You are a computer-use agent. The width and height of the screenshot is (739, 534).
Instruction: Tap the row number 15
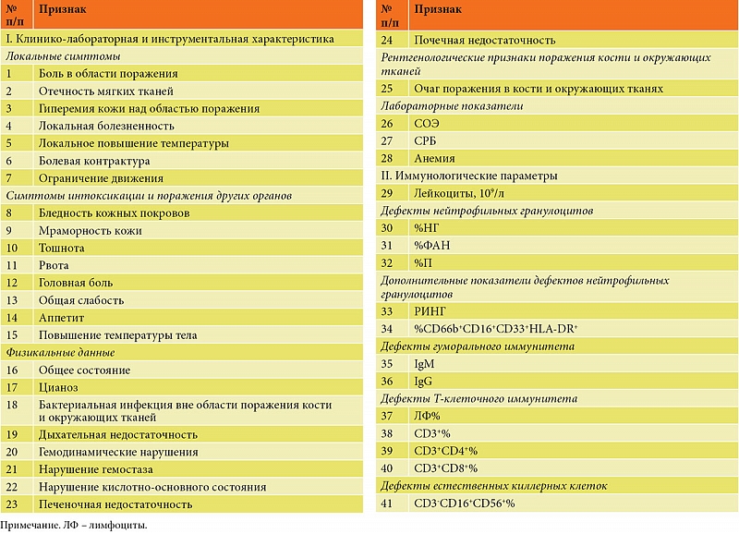[13, 334]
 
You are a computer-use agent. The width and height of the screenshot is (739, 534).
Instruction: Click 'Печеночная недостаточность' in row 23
[115, 504]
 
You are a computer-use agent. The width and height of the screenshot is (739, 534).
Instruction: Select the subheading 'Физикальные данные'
[60, 352]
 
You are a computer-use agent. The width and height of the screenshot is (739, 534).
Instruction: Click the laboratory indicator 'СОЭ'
[426, 123]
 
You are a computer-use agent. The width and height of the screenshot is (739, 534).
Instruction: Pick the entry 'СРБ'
[426, 140]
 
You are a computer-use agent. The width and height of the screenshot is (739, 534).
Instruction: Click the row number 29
[388, 192]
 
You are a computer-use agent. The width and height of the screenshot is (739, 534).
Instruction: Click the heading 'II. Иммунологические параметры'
[468, 176]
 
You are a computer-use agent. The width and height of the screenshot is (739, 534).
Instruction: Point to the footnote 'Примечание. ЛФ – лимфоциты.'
[73, 525]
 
